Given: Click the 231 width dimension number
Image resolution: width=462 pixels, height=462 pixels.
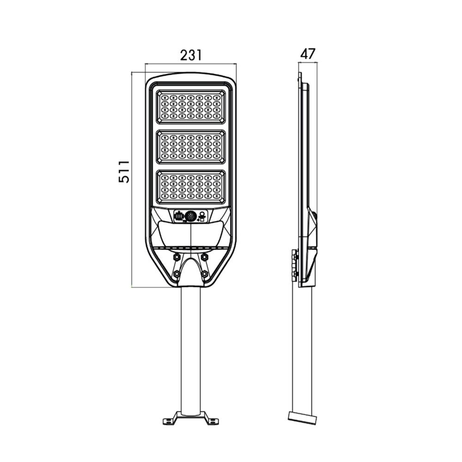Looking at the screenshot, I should [x=191, y=55].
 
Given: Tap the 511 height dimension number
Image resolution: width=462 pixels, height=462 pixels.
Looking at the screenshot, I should [x=124, y=171].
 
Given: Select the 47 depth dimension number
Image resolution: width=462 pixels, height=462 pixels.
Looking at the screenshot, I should [x=308, y=54].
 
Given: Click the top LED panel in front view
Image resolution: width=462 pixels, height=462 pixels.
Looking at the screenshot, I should [x=191, y=107].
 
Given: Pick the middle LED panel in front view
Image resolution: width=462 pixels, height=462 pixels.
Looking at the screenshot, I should [x=191, y=147].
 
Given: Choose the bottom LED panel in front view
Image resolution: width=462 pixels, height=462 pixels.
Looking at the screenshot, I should [x=191, y=187].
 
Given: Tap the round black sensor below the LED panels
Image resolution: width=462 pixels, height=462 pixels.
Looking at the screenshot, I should [x=191, y=216].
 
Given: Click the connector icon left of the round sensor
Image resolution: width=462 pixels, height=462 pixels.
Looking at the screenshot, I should [x=179, y=216].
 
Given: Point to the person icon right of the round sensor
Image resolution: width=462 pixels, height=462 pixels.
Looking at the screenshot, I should [x=202, y=215].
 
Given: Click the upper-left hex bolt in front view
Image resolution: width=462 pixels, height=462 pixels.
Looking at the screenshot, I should [x=176, y=256].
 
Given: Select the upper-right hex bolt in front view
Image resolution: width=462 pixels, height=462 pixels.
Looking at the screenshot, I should [x=205, y=256].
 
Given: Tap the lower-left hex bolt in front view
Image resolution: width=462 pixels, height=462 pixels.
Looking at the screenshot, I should [x=176, y=274].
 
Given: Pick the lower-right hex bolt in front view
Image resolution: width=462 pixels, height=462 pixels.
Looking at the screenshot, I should [x=205, y=274].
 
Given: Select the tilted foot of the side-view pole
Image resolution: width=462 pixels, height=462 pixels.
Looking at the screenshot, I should [x=302, y=418].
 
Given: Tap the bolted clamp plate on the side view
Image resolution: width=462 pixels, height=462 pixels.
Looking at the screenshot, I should [x=294, y=265].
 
